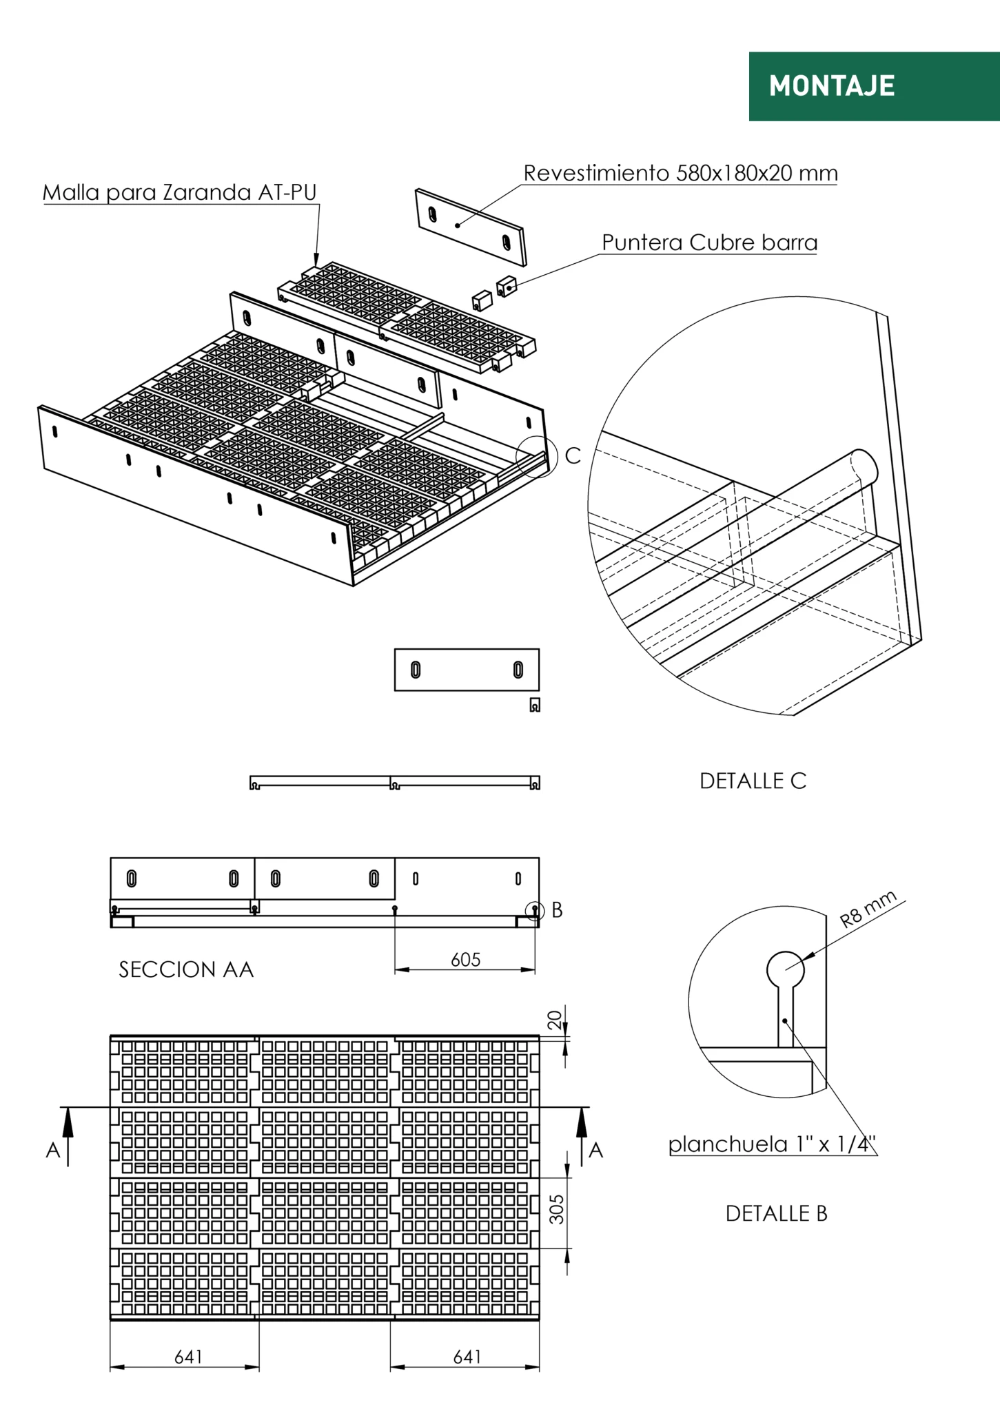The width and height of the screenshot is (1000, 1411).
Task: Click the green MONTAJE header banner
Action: click(873, 86)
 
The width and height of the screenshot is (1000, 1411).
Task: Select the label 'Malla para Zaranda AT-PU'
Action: click(179, 192)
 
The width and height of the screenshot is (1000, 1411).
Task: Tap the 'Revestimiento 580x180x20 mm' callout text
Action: click(680, 173)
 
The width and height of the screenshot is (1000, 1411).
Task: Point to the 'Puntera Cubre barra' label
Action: click(709, 243)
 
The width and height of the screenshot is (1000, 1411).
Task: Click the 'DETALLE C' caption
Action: click(753, 781)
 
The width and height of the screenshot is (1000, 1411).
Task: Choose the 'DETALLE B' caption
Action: click(776, 1213)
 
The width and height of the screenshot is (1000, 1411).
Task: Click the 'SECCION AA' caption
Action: click(186, 969)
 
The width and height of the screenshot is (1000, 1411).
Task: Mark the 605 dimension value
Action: click(465, 960)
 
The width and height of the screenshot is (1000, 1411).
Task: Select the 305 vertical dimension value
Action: click(557, 1209)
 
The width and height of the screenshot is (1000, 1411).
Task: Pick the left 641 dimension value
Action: click(188, 1357)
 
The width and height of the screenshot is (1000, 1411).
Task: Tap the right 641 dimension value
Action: click(467, 1357)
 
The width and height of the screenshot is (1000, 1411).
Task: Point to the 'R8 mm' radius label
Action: click(868, 909)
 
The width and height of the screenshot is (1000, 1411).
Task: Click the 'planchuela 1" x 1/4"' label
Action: click(772, 1144)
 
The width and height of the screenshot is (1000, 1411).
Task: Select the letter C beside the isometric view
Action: click(573, 455)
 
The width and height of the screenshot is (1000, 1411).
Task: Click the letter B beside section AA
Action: click(557, 910)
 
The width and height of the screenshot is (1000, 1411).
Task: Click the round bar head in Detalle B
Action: click(785, 969)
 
